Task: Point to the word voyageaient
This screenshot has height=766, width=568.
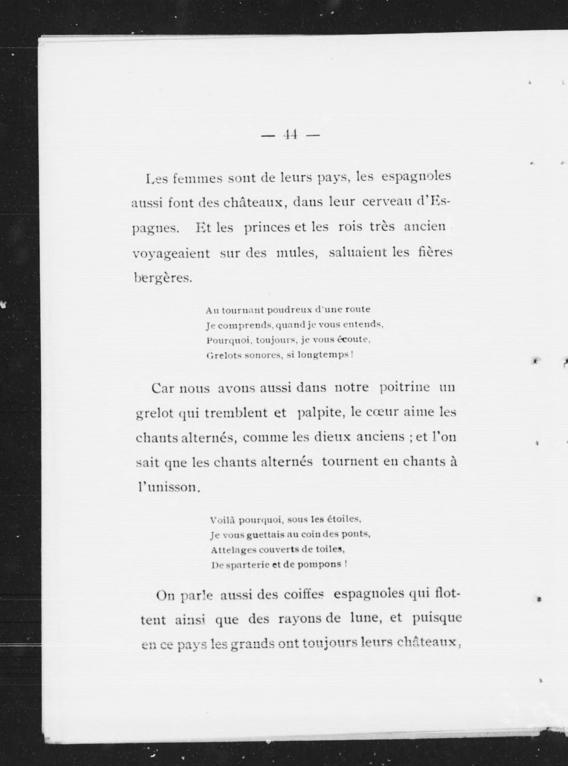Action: pos(171,254)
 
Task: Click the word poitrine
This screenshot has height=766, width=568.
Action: pos(405,387)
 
